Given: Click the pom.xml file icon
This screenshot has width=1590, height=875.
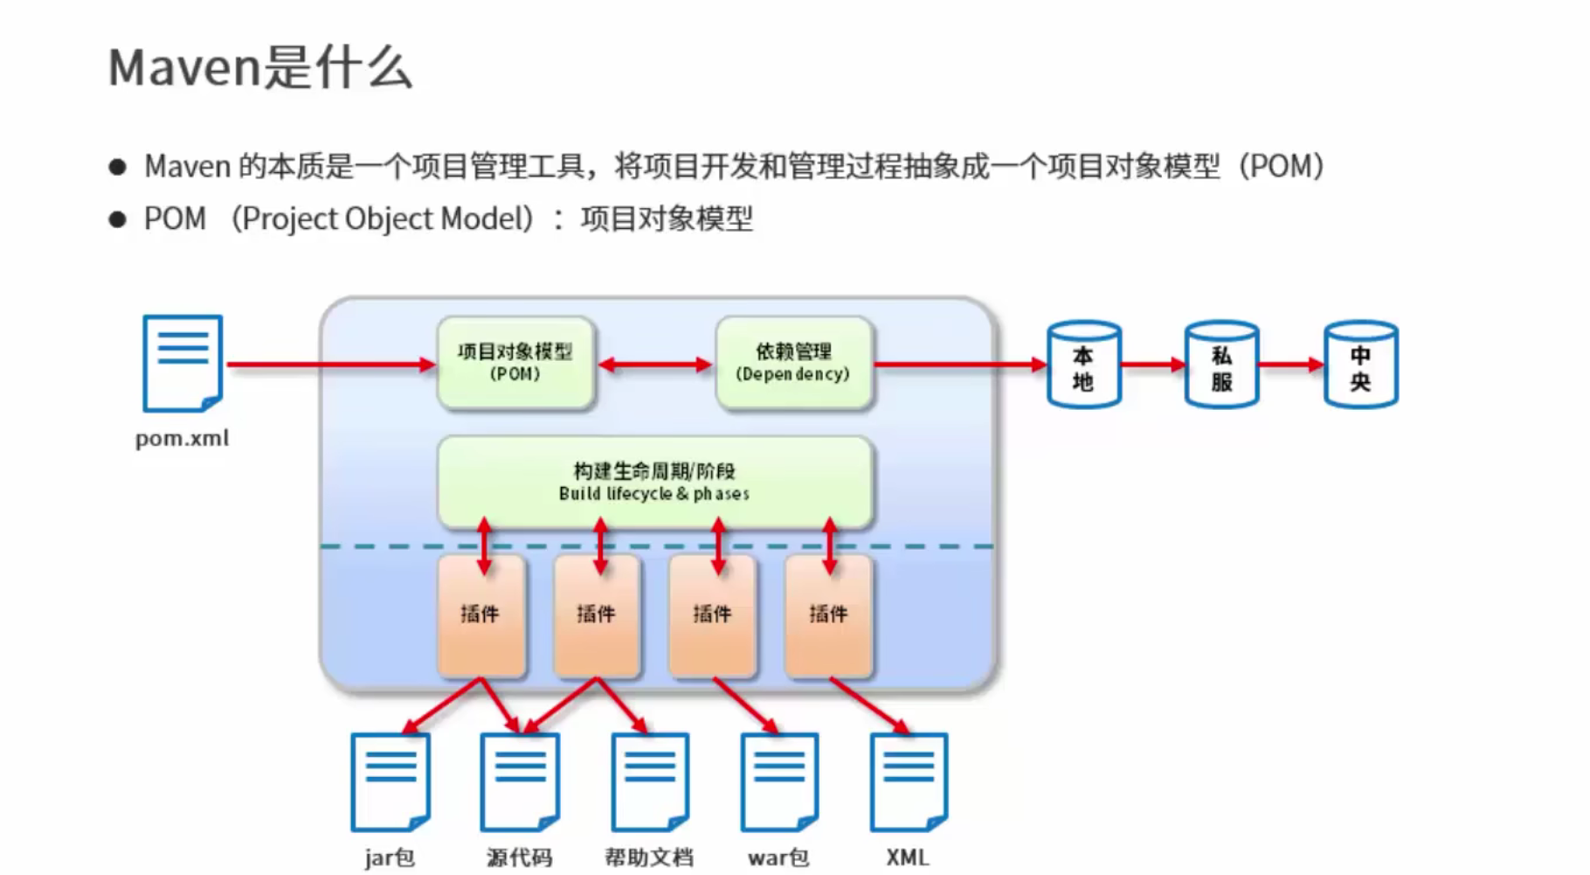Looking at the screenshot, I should [183, 364].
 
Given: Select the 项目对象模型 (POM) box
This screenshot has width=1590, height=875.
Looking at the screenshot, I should [515, 363].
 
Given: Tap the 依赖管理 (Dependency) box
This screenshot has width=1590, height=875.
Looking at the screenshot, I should [793, 363].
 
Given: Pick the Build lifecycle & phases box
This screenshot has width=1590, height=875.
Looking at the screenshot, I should [654, 482].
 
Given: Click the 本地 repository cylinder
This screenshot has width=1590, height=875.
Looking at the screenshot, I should [1083, 365].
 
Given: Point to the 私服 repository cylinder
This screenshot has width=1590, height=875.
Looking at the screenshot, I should [1221, 365].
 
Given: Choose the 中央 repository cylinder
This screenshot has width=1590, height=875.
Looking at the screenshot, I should [1360, 365].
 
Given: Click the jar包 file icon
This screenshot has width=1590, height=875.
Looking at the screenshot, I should [390, 781].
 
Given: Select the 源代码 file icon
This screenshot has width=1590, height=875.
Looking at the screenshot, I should [520, 781].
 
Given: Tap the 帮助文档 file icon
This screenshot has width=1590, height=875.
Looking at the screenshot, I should [650, 781].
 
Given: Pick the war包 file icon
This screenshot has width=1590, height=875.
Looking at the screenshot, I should [779, 781].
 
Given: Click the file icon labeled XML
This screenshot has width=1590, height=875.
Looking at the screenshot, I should [909, 781].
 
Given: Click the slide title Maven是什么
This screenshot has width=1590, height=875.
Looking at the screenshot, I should [259, 67].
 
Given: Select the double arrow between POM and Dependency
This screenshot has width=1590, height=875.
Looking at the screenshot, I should [654, 365].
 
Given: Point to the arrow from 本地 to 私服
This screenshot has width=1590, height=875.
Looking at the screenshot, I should [1152, 365].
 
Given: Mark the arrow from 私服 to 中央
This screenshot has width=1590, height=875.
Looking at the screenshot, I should [1290, 365].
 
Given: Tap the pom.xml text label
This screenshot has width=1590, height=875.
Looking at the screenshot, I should [182, 438].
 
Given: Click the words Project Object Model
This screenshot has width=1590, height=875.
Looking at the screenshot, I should [387, 219].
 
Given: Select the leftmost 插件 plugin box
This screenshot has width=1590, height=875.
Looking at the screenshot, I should [480, 615].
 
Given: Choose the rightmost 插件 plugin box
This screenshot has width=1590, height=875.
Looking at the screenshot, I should [828, 615].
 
